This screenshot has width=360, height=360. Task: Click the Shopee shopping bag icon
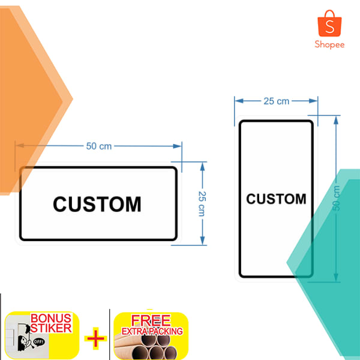tap(329, 23)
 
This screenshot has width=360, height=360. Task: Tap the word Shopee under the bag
tap(329, 44)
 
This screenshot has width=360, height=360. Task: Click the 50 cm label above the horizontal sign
tap(99, 146)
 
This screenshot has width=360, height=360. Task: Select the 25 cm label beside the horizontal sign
tap(202, 203)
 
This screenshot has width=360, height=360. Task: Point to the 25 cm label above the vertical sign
tap(276, 101)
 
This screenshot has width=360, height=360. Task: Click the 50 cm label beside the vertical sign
tap(335, 198)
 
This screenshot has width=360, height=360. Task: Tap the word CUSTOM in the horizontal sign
tap(97, 204)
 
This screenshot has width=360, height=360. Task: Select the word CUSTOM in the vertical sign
tap(276, 199)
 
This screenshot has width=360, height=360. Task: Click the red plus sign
tap(95, 338)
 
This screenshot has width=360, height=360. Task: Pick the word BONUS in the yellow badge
tap(51, 319)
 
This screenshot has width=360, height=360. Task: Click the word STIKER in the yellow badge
tap(51, 328)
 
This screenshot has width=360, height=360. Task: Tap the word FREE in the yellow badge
tap(151, 320)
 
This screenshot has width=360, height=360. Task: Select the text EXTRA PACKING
tap(152, 331)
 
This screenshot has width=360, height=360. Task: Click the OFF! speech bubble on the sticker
tap(38, 342)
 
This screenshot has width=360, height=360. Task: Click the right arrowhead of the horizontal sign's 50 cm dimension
tap(177, 146)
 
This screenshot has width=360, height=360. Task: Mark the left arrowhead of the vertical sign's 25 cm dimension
tap(239, 101)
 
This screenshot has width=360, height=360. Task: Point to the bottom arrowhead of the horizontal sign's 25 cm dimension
tap(202, 241)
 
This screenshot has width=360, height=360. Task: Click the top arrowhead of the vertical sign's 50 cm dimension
tap(336, 121)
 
